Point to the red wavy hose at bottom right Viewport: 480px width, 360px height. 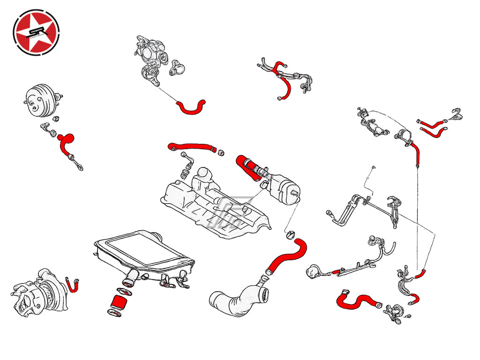pos(358,300)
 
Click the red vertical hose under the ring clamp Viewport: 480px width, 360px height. pos(414,152)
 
